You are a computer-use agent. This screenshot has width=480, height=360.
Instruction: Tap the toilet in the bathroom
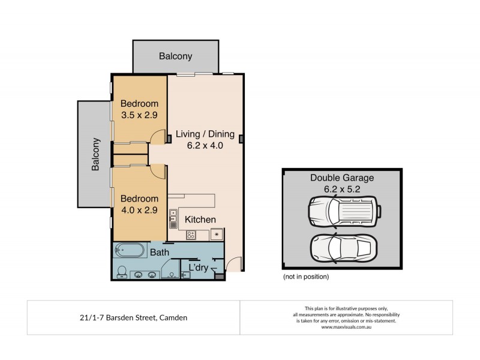click(122, 272)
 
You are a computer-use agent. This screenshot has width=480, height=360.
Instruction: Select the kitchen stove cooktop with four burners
click(191, 235)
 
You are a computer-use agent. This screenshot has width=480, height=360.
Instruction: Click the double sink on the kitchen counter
click(173, 218)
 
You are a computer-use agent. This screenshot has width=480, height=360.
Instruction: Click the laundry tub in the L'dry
click(185, 275)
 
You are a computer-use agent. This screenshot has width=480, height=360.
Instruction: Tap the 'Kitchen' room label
click(200, 220)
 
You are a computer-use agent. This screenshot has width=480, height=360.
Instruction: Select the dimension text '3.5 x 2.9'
click(139, 116)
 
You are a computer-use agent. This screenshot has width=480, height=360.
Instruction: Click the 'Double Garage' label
click(341, 178)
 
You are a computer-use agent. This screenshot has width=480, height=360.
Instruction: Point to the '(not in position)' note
click(305, 277)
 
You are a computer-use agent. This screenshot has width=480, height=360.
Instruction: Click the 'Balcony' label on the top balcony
click(175, 56)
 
